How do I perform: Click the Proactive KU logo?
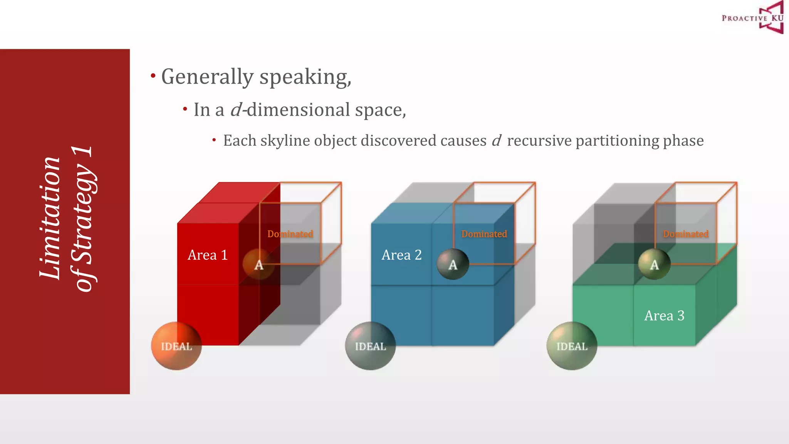tap(753, 18)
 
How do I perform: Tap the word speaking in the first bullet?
tap(304, 77)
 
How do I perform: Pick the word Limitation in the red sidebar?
tap(50, 218)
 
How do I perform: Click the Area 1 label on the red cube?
tap(208, 255)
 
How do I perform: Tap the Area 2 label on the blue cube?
tap(401, 255)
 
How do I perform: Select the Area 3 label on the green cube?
tap(664, 316)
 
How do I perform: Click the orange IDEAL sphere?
tap(176, 346)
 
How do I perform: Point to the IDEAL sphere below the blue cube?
tap(370, 346)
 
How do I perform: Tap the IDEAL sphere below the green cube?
tap(572, 346)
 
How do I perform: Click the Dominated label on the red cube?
tap(290, 234)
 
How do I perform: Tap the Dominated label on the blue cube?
tap(484, 234)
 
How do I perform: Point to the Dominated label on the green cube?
tap(685, 234)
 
